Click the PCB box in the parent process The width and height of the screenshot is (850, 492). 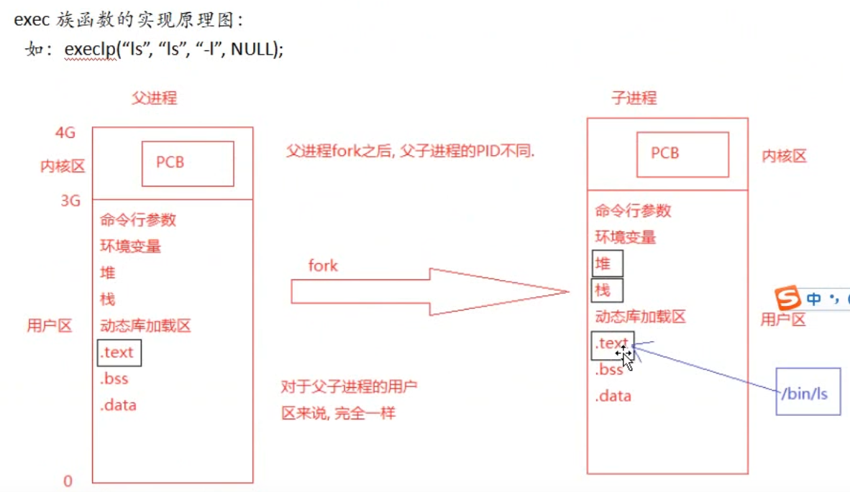[x=188, y=163]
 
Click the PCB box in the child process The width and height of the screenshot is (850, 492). [x=682, y=154]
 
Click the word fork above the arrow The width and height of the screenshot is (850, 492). [x=323, y=265]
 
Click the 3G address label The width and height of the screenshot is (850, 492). [x=70, y=200]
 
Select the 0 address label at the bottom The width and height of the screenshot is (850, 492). [x=68, y=480]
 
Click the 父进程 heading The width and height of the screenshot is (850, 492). [x=154, y=98]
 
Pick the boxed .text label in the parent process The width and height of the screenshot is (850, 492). [x=119, y=353]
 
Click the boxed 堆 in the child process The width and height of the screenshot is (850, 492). [x=608, y=264]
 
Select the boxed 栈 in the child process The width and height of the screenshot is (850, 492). [x=608, y=290]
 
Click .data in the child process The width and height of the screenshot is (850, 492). [x=613, y=396]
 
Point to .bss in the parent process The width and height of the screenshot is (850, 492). [x=114, y=379]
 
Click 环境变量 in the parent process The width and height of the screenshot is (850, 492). [x=130, y=246]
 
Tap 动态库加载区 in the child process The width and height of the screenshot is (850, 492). [x=640, y=317]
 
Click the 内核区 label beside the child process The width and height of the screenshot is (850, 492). [x=784, y=156]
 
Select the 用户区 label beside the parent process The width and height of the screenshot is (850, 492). [x=50, y=326]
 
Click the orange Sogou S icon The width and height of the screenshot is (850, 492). [x=788, y=298]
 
